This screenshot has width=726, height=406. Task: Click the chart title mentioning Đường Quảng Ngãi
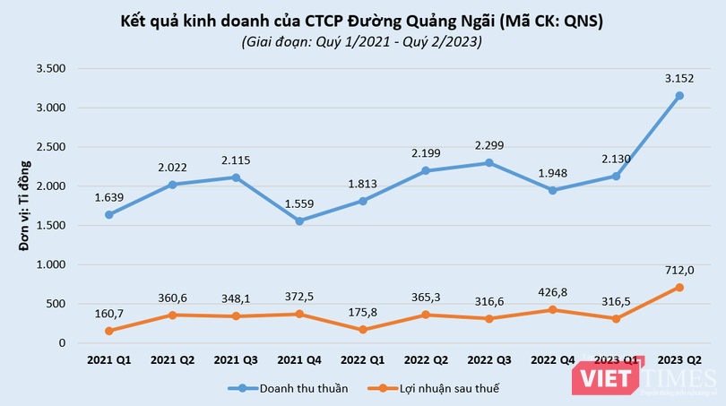pyautogui.click(x=362, y=20)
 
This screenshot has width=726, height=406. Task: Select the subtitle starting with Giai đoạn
pyautogui.click(x=362, y=41)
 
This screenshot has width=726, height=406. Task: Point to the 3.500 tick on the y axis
pyautogui.click(x=50, y=68)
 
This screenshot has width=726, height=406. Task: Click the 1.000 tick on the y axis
pyautogui.click(x=50, y=264)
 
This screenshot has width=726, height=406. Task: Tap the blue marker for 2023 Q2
pyautogui.click(x=679, y=96)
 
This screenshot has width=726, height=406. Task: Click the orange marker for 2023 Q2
pyautogui.click(x=679, y=287)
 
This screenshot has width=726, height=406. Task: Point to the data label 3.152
pyautogui.click(x=678, y=78)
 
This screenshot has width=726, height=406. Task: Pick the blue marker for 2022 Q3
pyautogui.click(x=488, y=162)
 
